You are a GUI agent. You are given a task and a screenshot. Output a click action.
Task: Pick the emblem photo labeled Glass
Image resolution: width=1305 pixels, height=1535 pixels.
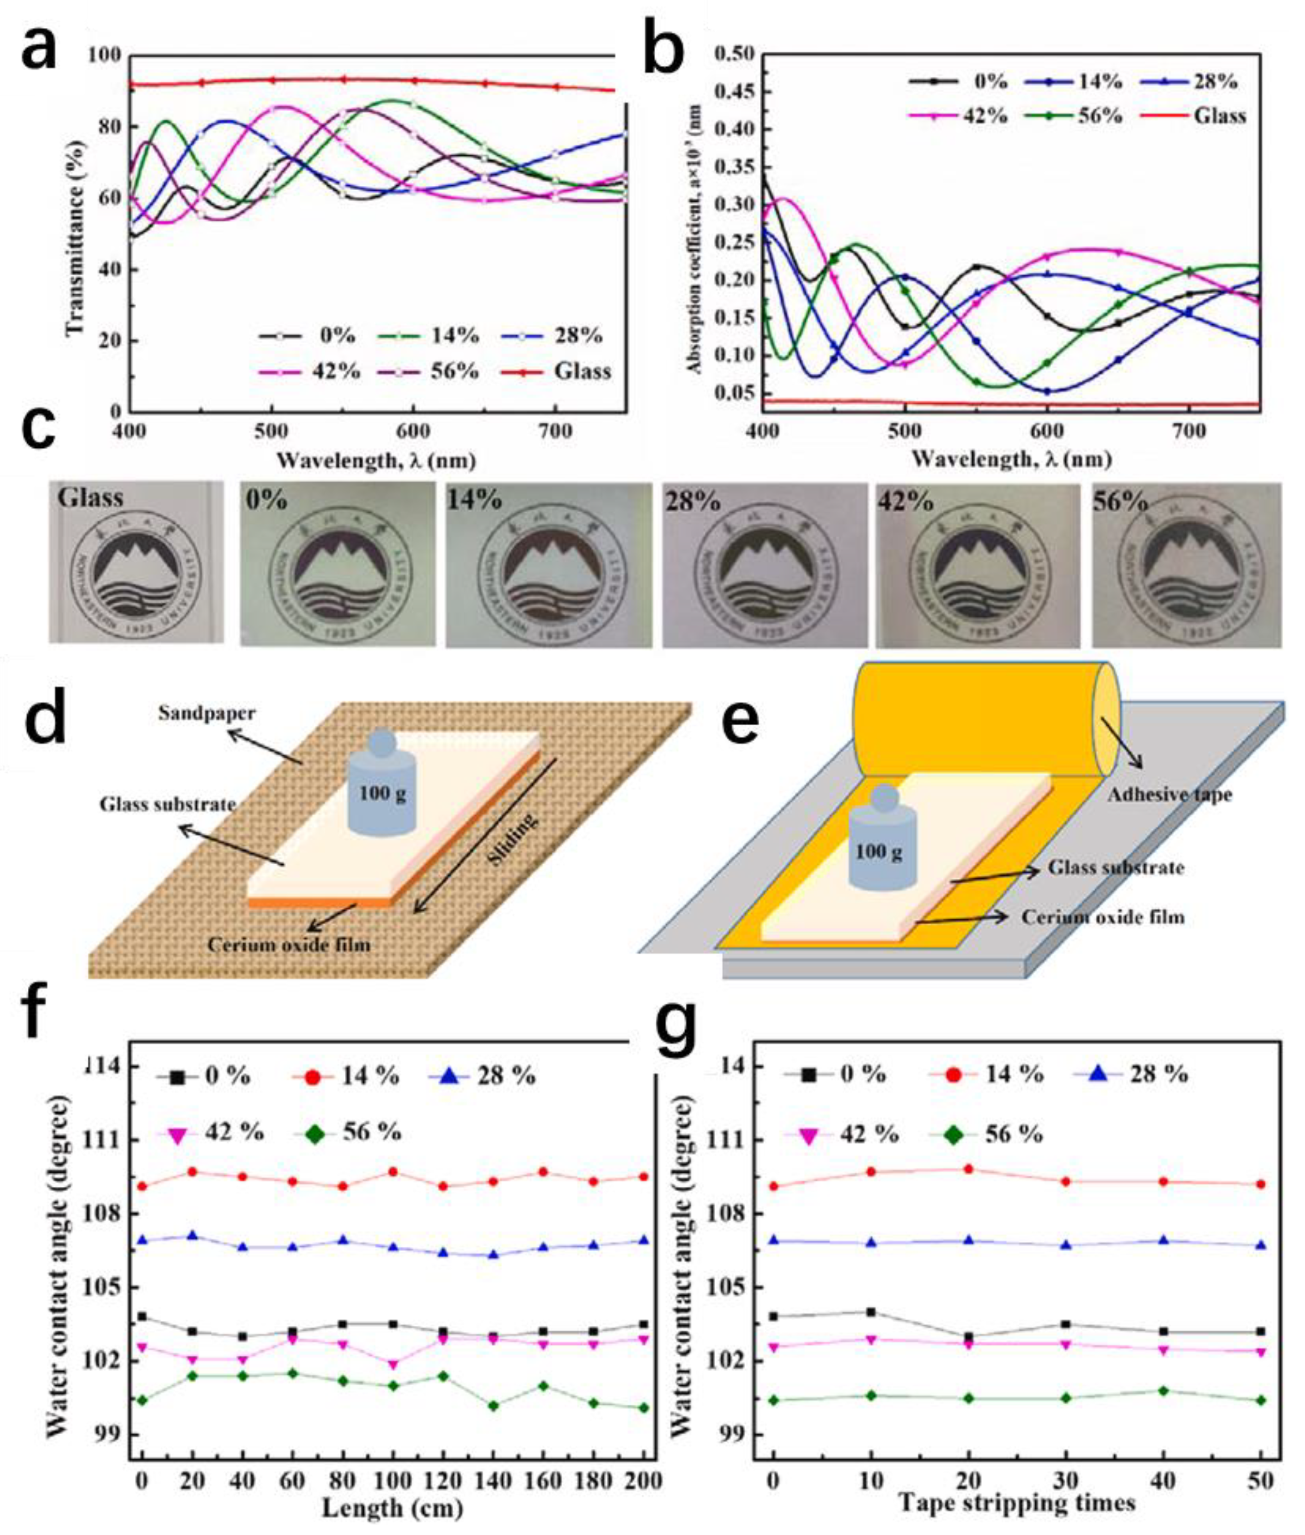tap(136, 562)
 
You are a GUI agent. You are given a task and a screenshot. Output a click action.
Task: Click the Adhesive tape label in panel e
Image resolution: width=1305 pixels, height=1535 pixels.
tap(1169, 795)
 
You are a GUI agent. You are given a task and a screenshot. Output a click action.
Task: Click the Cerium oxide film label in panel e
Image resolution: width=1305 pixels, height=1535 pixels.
tap(1103, 918)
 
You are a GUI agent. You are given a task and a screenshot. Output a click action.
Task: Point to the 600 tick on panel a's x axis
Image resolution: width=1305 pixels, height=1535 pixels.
tap(414, 430)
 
